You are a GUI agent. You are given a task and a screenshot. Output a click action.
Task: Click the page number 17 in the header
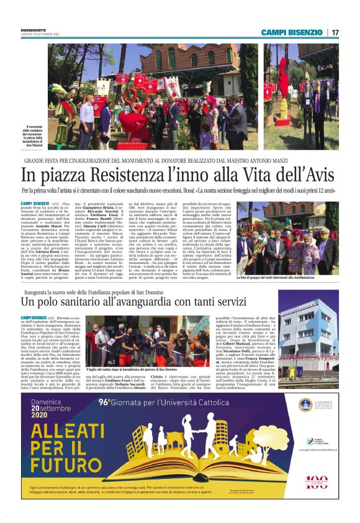pyautogui.click(x=335, y=32)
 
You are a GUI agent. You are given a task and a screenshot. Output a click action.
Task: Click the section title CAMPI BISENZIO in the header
pyautogui.click(x=290, y=32)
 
